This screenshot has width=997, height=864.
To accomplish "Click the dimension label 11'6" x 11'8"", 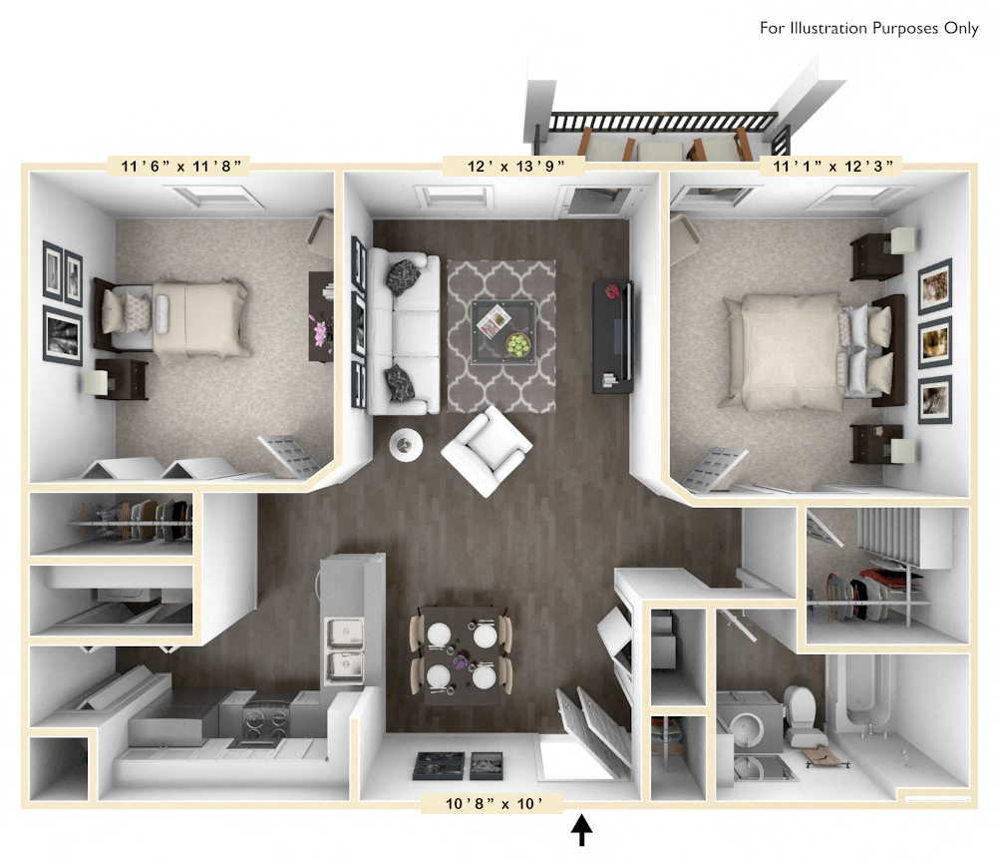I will point(174,166).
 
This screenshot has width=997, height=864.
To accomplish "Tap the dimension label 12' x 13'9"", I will point(511,166).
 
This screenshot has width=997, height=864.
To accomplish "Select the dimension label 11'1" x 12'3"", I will point(831,166).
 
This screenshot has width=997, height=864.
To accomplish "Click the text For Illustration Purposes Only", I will point(868,28).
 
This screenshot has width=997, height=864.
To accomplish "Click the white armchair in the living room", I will point(487,451).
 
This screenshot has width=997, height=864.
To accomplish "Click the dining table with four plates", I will point(460,654).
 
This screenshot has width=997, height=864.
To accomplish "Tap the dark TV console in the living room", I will point(612,334).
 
